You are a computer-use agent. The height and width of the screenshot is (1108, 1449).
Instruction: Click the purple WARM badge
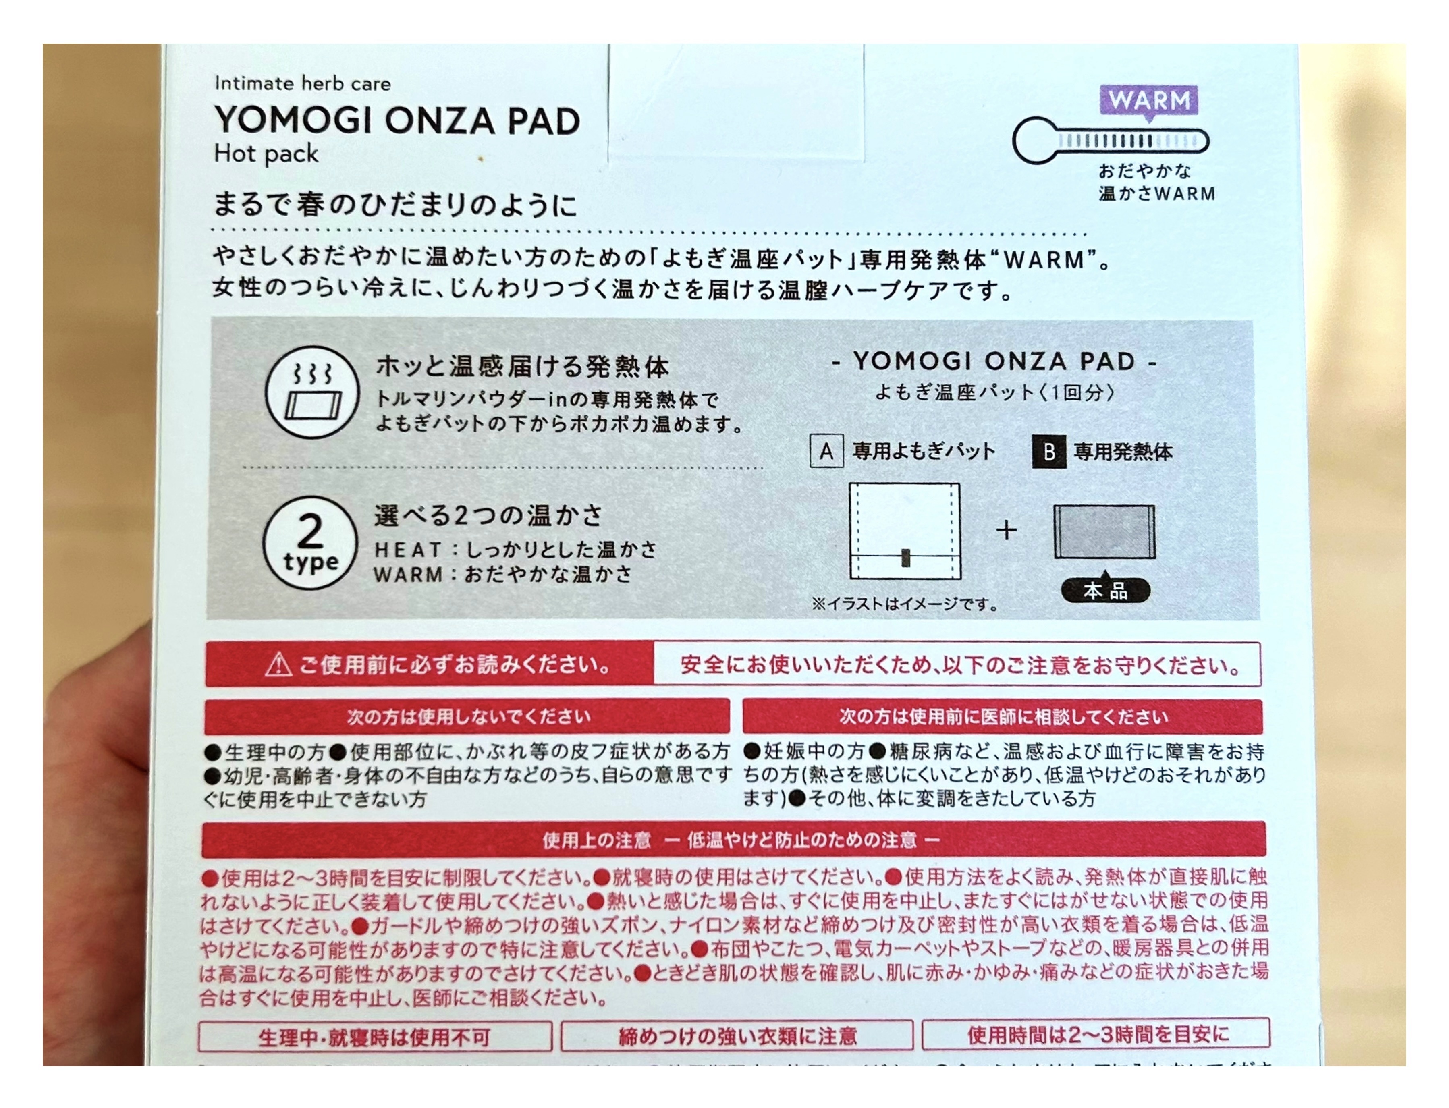(x=1148, y=101)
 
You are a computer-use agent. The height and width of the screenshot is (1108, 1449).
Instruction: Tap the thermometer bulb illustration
(x=1034, y=141)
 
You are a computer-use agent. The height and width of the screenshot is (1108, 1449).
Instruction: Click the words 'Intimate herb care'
(x=302, y=84)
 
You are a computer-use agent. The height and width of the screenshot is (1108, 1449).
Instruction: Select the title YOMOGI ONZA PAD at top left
(x=397, y=121)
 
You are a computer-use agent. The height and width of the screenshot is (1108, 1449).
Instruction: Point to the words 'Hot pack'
(x=266, y=154)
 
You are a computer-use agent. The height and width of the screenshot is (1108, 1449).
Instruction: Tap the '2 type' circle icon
(x=309, y=542)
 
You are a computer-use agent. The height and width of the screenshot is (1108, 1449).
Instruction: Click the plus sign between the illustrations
(x=1006, y=529)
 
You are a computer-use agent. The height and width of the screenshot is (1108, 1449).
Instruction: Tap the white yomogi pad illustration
(x=904, y=531)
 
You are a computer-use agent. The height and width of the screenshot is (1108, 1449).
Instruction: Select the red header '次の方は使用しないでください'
(x=467, y=716)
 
